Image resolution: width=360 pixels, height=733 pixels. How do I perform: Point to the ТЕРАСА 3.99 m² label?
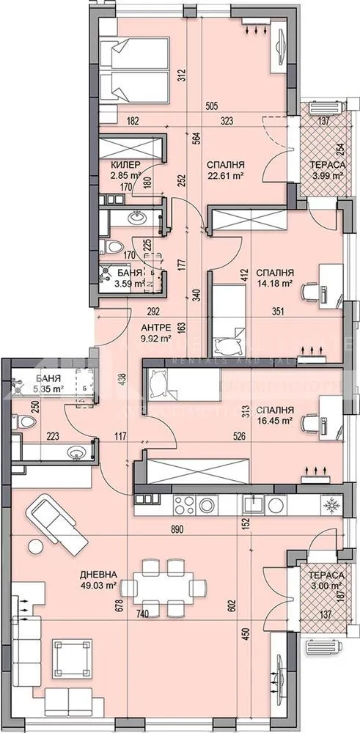coord(326,169)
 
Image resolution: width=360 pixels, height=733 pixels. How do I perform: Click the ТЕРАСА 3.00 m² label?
coord(326,580)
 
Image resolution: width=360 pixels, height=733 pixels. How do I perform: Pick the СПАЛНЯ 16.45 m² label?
coord(275,416)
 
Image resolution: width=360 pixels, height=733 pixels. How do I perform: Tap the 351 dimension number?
coord(279,311)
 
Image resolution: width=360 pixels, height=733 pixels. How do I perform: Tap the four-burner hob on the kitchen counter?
coord(194,504)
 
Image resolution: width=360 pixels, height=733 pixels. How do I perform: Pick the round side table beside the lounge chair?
coord(34,545)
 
